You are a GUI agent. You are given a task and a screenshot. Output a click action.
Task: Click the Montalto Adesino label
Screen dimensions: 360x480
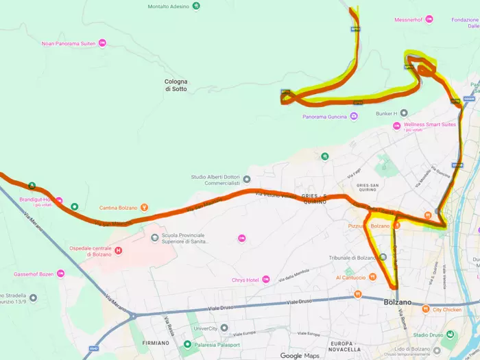click(x=167, y=7)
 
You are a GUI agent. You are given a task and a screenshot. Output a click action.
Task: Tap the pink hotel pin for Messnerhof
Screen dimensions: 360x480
click(x=429, y=19)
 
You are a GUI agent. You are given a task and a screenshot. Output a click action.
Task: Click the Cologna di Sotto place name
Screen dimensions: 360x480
click(x=176, y=85)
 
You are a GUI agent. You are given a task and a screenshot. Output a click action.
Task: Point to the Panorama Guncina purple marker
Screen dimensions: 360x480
click(x=353, y=117)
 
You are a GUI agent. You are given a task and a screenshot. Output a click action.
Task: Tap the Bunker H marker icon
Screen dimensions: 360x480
click(x=404, y=112)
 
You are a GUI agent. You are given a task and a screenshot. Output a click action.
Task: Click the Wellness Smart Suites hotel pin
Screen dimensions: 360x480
click(x=396, y=125)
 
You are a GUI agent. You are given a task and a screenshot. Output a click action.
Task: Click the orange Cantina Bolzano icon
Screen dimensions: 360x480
click(x=144, y=208)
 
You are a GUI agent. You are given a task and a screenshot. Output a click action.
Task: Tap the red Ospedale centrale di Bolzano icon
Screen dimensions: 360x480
click(x=119, y=250)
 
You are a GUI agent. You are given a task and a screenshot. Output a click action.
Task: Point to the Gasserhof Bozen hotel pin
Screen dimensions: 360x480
click(x=60, y=274)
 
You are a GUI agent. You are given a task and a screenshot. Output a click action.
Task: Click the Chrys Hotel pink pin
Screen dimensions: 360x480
click(x=266, y=279)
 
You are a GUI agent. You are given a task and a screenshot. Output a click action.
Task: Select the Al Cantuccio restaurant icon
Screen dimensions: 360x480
click(x=372, y=277)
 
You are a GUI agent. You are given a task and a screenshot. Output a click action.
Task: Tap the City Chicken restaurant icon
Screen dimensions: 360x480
click(x=427, y=309)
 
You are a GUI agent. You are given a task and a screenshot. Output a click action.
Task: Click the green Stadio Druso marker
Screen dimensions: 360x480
click(x=450, y=335)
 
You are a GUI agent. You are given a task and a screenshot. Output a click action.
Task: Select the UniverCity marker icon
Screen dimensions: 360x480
click(x=224, y=328)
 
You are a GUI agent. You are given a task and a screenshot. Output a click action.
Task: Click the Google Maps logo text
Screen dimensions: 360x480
click(x=300, y=355)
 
